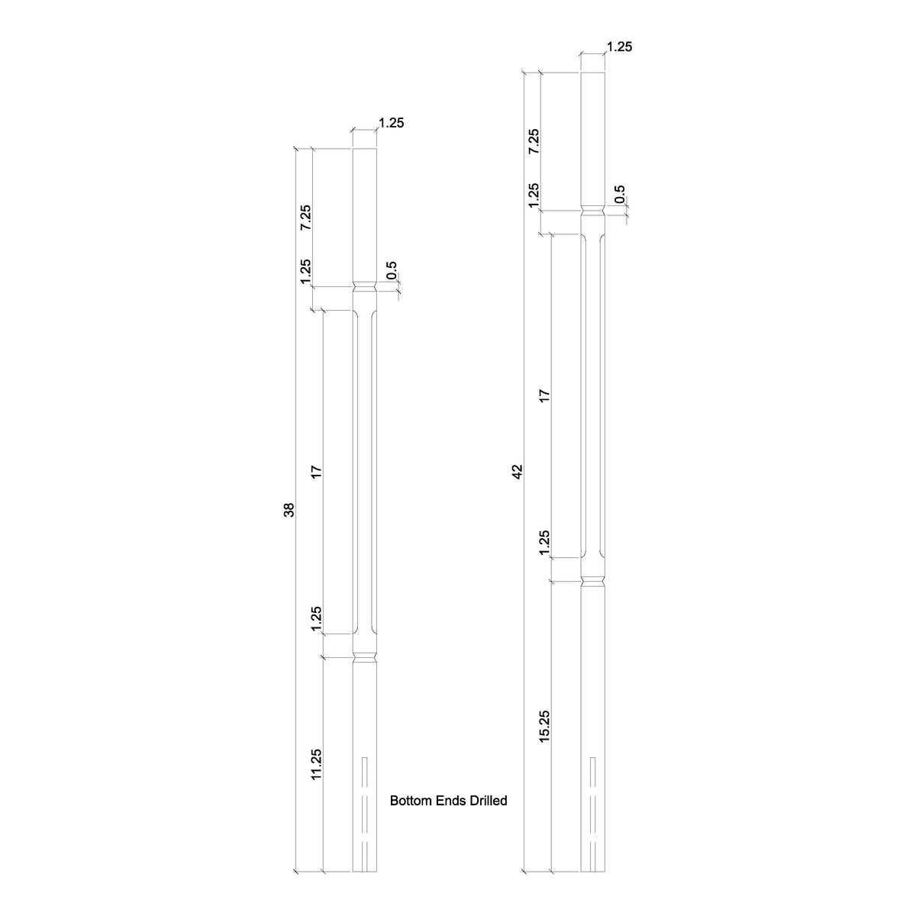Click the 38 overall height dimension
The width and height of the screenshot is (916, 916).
pyautogui.click(x=289, y=511)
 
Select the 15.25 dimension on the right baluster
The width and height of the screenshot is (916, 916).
pyautogui.click(x=544, y=726)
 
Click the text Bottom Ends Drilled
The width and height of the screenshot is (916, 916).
pyautogui.click(x=449, y=801)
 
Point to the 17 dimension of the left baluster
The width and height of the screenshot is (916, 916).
pyautogui.click(x=317, y=473)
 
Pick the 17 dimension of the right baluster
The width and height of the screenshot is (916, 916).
pyautogui.click(x=544, y=395)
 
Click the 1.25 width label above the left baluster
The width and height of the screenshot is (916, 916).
pyautogui.click(x=391, y=123)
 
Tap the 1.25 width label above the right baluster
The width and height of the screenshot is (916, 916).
pyautogui.click(x=619, y=47)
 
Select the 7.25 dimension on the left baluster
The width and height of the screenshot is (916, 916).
pyautogui.click(x=305, y=218)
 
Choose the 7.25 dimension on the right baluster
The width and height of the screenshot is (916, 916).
pyautogui.click(x=534, y=141)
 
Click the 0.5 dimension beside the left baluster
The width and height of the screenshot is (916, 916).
pyautogui.click(x=392, y=270)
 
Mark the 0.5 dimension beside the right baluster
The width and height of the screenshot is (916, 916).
pyautogui.click(x=619, y=194)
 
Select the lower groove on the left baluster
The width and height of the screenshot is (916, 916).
pyautogui.click(x=365, y=656)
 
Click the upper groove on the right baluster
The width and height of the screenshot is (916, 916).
pyautogui.click(x=593, y=211)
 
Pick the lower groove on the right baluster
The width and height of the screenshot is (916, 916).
pyautogui.click(x=593, y=582)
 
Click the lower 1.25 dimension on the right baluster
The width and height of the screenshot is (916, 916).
pyautogui.click(x=544, y=543)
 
